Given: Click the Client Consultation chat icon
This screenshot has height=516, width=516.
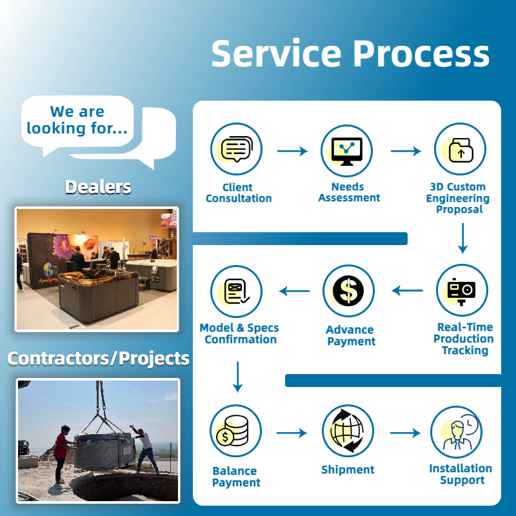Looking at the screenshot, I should [x=236, y=150].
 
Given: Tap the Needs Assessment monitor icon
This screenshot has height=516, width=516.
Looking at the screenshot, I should [x=347, y=150].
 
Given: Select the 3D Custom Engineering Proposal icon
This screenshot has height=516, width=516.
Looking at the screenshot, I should [x=459, y=150].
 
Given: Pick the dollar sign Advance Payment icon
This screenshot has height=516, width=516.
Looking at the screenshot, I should [x=348, y=290].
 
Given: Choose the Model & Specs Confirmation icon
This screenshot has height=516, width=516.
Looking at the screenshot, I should [x=236, y=291].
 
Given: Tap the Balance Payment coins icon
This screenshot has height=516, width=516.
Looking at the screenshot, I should [x=235, y=432].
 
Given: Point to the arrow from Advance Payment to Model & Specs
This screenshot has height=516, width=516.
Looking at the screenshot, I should [x=294, y=291].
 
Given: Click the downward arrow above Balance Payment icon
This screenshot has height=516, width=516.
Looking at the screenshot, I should [x=237, y=377].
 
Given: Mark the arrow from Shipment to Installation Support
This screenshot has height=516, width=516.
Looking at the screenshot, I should [x=405, y=433].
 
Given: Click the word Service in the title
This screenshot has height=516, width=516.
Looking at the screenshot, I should [x=271, y=53].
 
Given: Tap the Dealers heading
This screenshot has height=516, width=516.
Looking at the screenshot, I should [x=98, y=187].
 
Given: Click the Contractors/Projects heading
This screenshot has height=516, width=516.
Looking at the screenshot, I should [x=98, y=358].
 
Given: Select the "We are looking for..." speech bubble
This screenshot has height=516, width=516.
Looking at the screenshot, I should [x=77, y=121].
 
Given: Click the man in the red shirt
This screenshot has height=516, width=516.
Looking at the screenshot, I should [x=61, y=451].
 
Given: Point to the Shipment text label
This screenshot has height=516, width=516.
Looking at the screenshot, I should [x=348, y=470].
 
